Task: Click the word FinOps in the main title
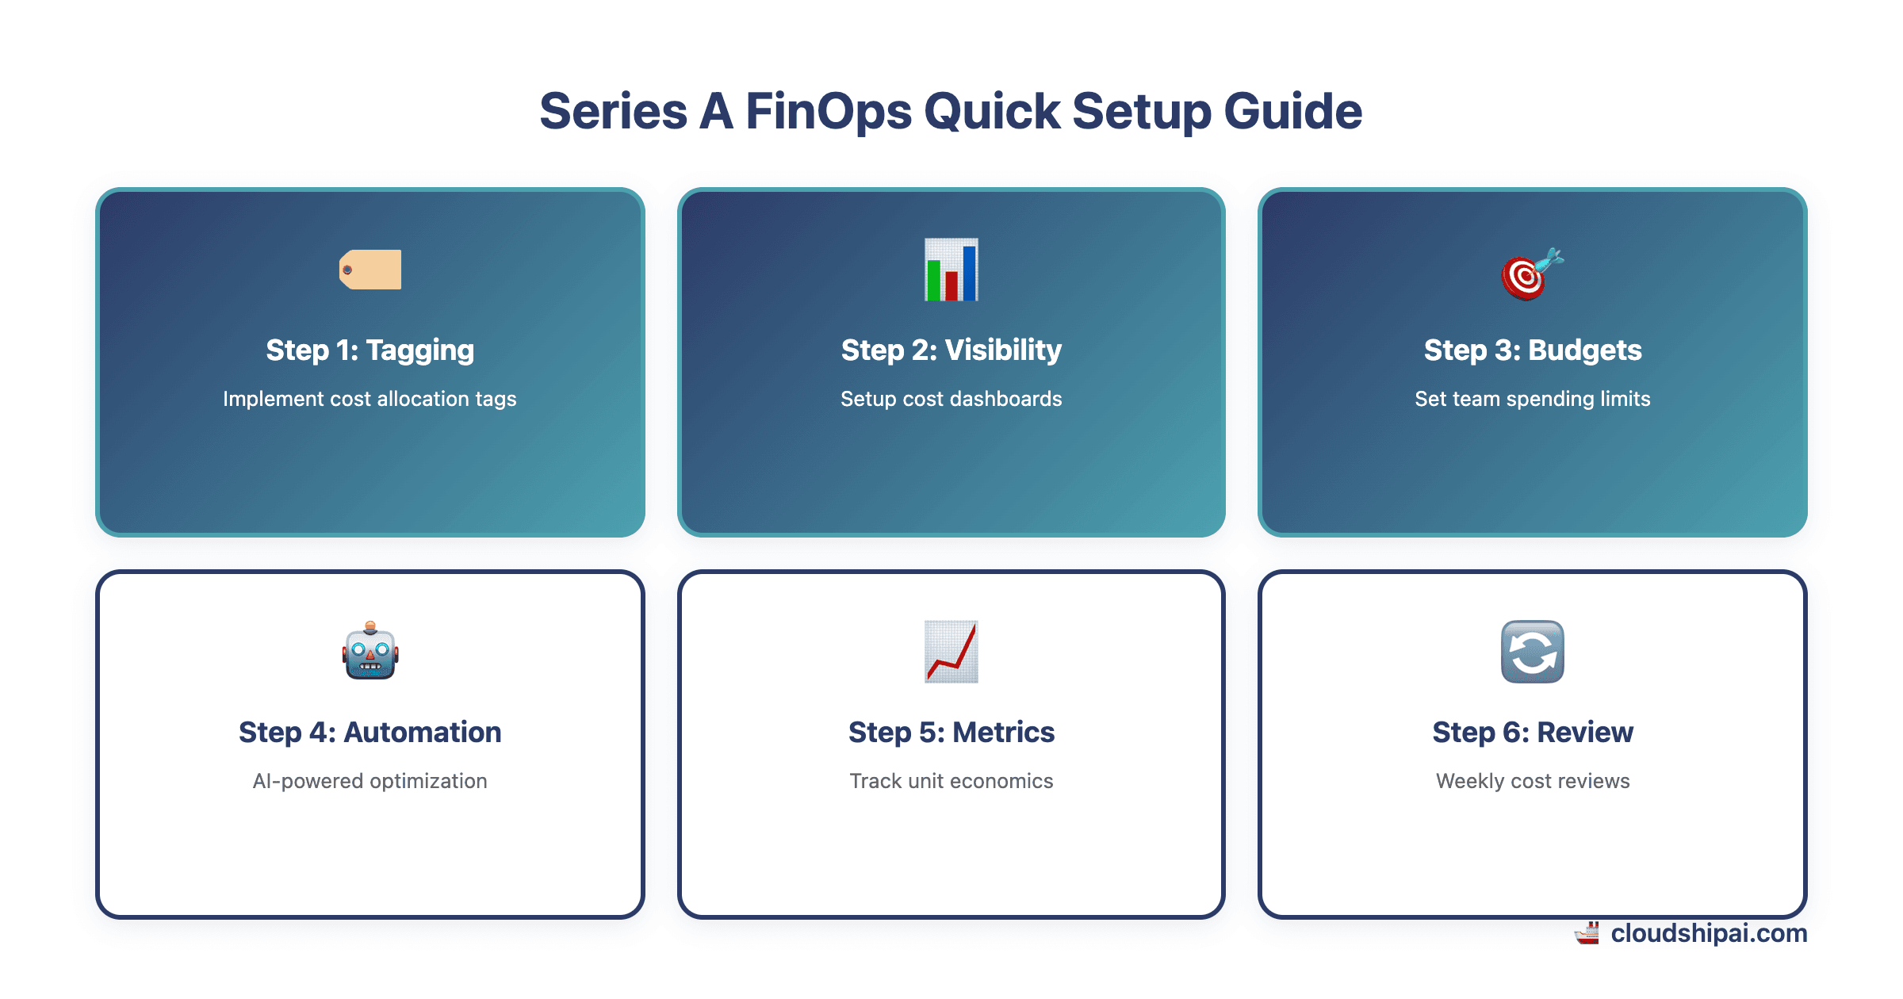[x=828, y=111]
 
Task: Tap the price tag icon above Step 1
[x=370, y=270]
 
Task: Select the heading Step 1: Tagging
[x=370, y=350]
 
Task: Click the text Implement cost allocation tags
[x=369, y=399]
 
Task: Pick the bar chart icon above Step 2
[x=951, y=270]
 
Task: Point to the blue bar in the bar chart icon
[x=969, y=274]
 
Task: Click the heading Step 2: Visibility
[x=951, y=350]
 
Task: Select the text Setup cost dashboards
[x=951, y=399]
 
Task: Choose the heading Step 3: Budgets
[x=1532, y=350]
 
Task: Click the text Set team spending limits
[x=1532, y=399]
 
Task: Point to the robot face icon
[x=370, y=652]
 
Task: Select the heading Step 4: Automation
[x=370, y=732]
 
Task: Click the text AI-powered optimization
[x=369, y=781]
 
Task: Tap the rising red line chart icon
[x=951, y=652]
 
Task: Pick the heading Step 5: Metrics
[x=951, y=732]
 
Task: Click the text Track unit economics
[x=951, y=781]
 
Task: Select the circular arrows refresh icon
[x=1532, y=652]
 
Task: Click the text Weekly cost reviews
[x=1532, y=781]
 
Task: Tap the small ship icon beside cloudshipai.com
[x=1587, y=933]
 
